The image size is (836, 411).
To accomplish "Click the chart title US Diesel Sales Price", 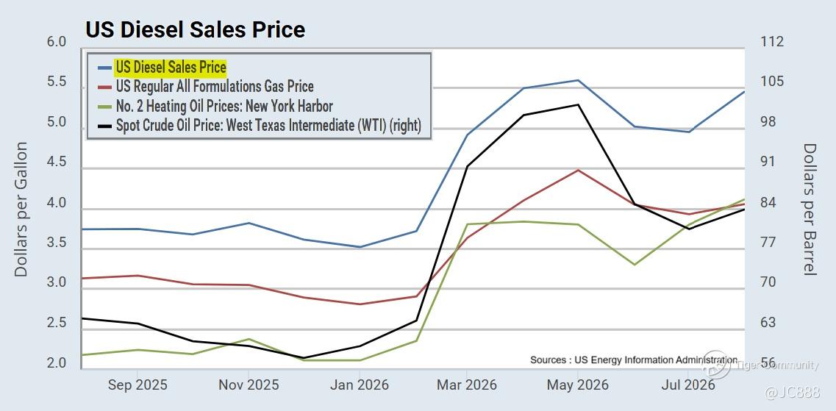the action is click(x=195, y=29).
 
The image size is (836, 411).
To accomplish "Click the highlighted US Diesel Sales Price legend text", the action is click(x=171, y=68).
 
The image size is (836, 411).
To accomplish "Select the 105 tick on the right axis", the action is click(x=771, y=82).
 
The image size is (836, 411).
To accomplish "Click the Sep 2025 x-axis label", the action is click(x=137, y=385).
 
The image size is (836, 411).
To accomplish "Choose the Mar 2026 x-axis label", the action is click(x=467, y=385).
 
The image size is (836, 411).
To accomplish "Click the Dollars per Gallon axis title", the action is click(x=21, y=210).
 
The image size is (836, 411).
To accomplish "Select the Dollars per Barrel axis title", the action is click(x=810, y=210).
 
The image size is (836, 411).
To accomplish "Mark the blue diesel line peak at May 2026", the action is click(x=578, y=80).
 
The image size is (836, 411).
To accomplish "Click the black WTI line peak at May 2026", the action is click(x=578, y=105).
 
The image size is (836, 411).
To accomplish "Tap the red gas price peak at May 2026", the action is click(x=578, y=170).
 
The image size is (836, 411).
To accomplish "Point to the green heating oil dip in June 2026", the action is click(x=634, y=265).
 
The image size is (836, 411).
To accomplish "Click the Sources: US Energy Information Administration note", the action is click(x=634, y=360).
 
